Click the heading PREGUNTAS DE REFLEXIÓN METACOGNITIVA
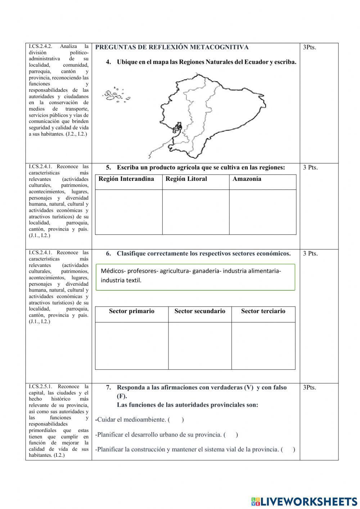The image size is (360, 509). [172, 47]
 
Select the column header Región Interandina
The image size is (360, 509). [126, 179]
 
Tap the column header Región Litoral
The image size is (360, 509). [186, 179]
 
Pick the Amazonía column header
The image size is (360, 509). [247, 179]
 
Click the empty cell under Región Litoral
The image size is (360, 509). [195, 212]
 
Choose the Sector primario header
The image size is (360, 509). [131, 311]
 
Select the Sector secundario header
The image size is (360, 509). [200, 311]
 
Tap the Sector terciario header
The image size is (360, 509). [263, 311]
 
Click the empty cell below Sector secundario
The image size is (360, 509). [200, 345]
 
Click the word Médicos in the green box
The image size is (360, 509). [112, 271]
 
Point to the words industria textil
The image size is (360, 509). [121, 280]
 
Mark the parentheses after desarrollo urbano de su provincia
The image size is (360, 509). [231, 435]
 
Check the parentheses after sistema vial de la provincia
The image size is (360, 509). [288, 450]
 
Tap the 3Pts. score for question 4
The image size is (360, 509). [310, 47]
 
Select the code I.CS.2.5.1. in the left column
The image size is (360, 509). [41, 387]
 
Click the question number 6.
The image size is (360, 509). [108, 254]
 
